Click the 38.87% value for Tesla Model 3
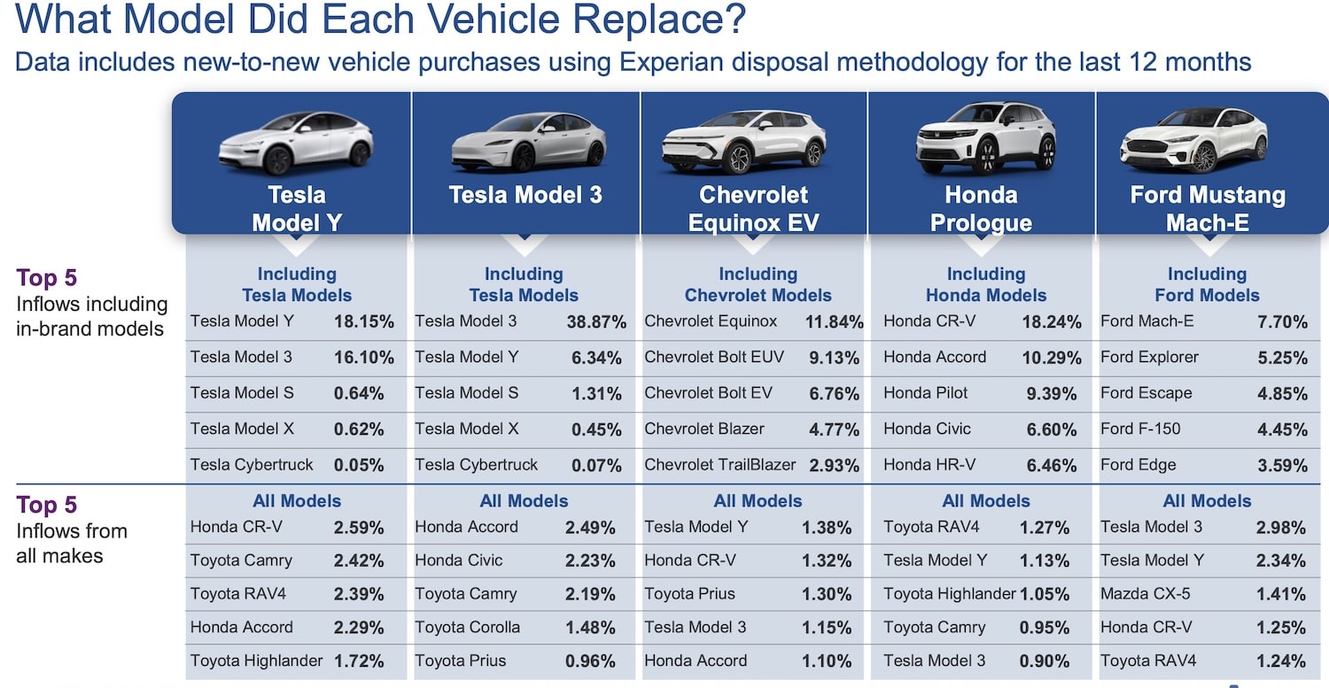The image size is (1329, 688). coord(596,322)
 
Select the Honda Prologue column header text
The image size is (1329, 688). coord(981,209)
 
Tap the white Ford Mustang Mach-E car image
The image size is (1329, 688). coord(1193,141)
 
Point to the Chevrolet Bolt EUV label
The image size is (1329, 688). coord(714,357)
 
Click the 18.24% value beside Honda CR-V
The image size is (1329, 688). coord(1052,322)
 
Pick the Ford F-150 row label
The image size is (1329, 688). coord(1140,429)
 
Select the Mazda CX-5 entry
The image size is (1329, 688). coord(1145,593)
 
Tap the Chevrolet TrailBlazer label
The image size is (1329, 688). coord(719,464)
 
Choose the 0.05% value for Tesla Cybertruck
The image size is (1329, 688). coord(358,465)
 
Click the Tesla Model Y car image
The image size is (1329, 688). coord(295,143)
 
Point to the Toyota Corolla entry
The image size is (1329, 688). coord(467,627)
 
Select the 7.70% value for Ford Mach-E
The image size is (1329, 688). coord(1282,322)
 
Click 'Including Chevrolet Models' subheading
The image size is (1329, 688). coord(758,285)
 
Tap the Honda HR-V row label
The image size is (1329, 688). coord(929,464)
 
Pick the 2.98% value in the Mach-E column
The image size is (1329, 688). coord(1280,527)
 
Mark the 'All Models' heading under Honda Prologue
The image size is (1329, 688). coord(985,501)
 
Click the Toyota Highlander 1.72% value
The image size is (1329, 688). coord(358,661)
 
